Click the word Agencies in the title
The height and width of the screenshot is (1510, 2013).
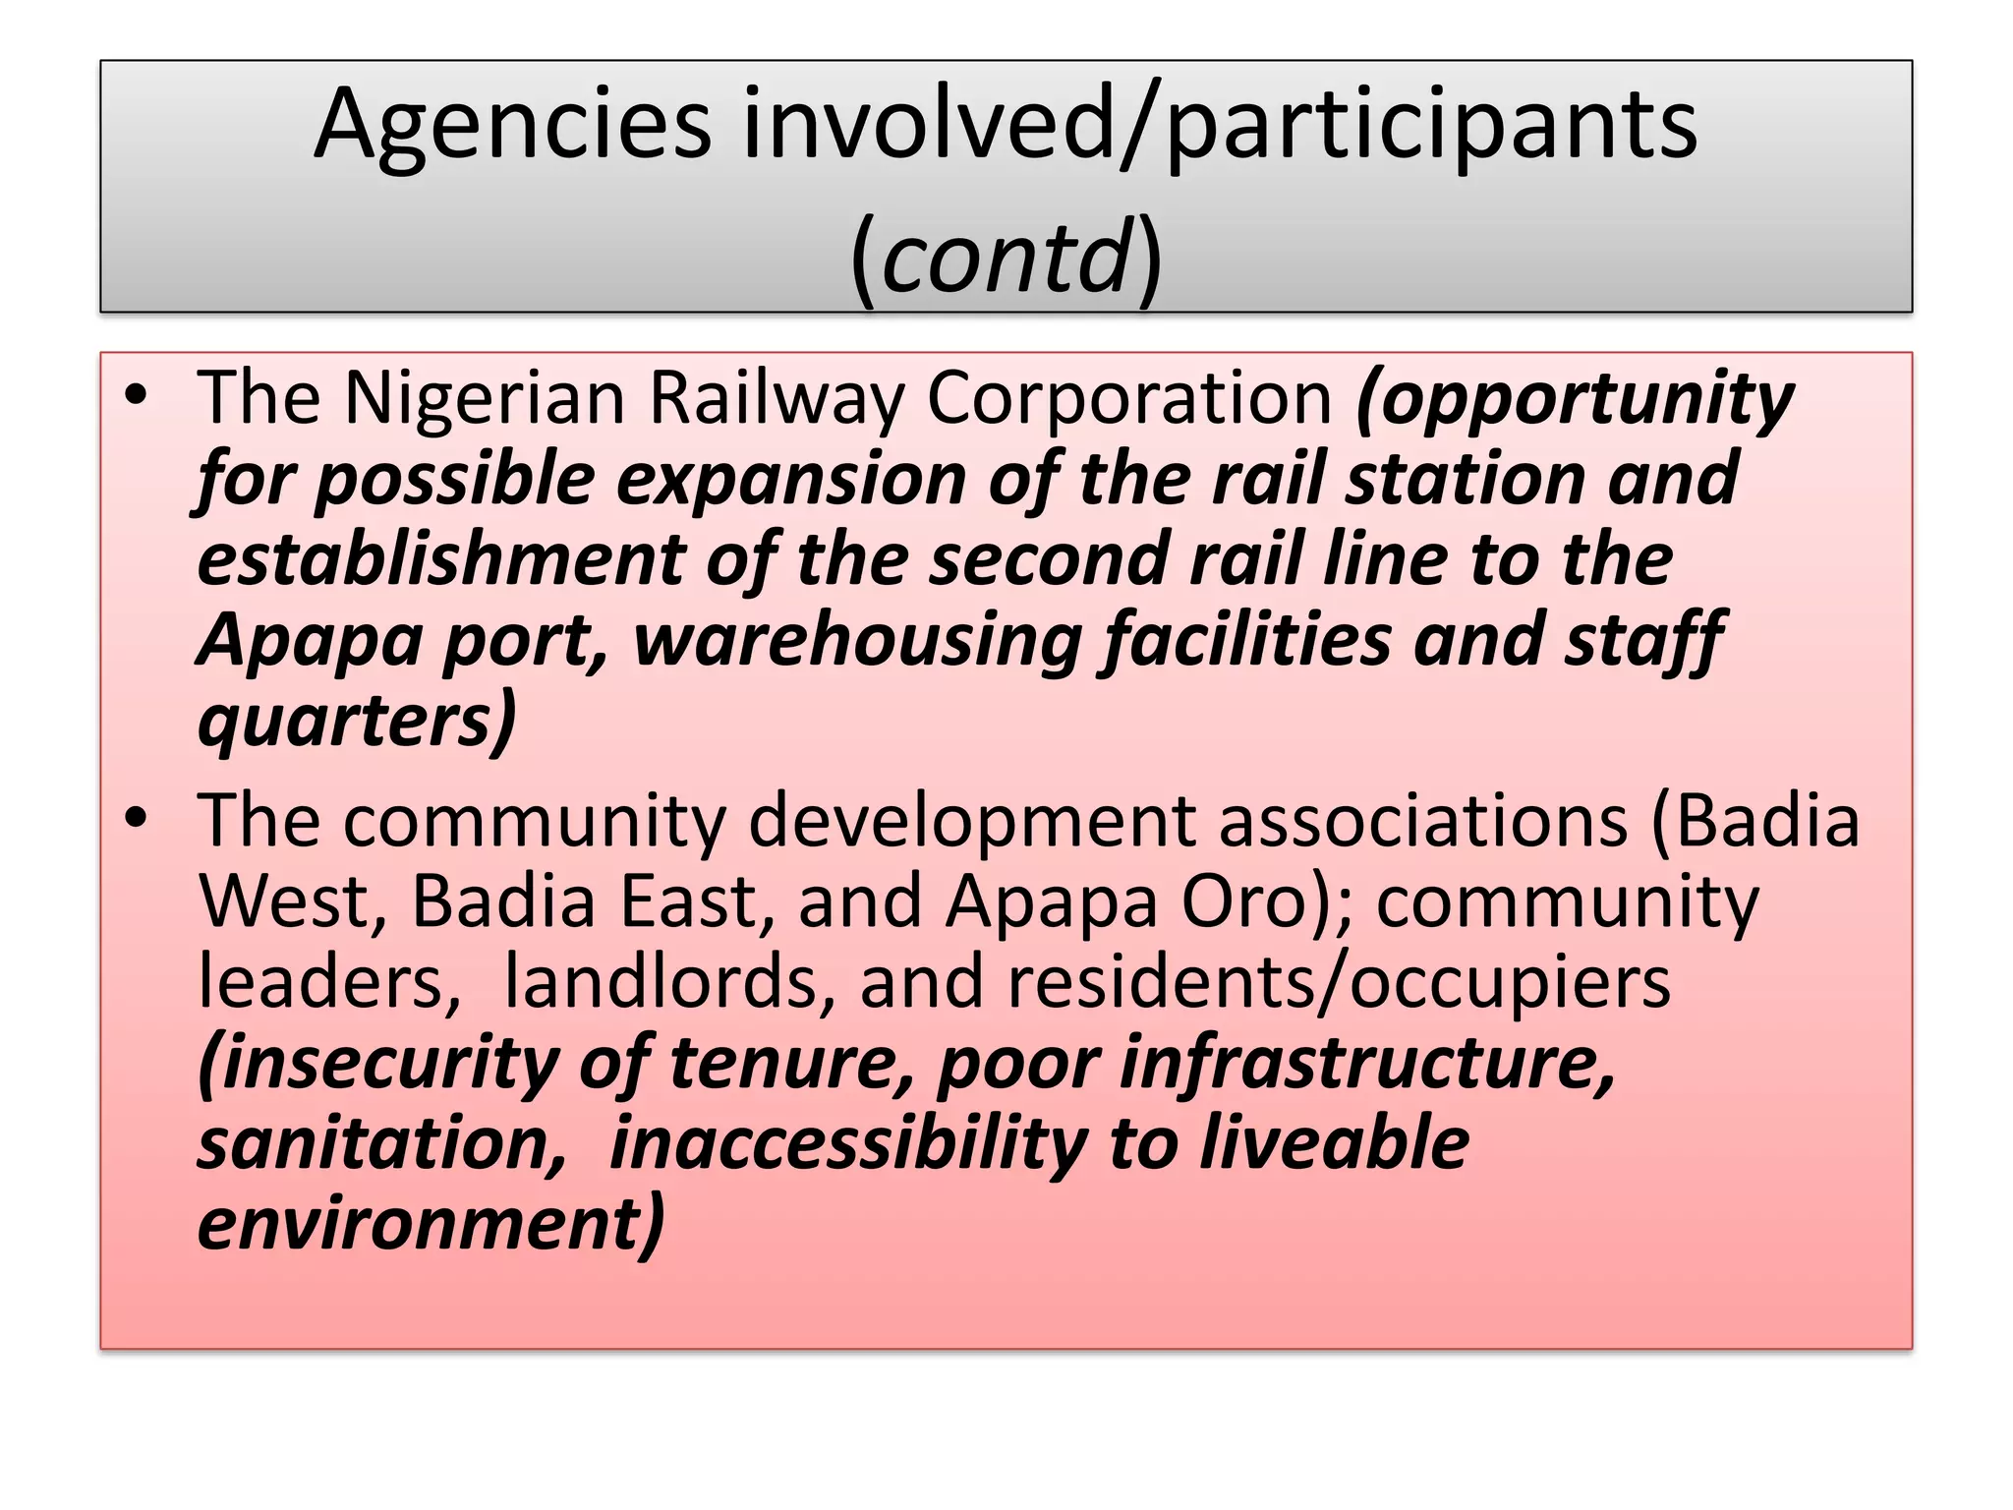coord(512,126)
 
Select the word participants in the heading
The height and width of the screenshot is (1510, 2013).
coord(1431,126)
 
